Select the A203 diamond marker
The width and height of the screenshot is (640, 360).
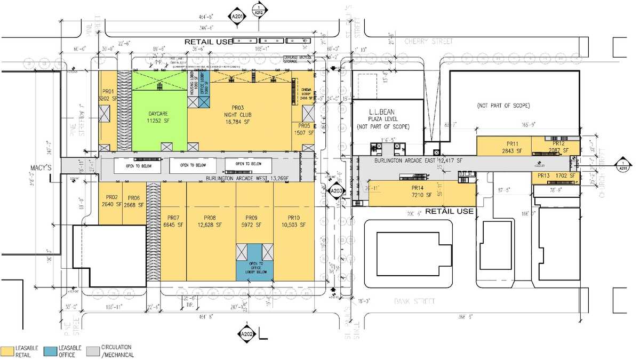click(x=336, y=191)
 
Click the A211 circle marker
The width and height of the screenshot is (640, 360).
click(x=622, y=165)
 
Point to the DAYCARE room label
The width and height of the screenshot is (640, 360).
click(x=158, y=117)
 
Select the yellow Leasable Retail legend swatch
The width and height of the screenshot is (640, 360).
click(x=7, y=350)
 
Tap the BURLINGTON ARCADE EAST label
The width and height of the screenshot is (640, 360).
click(x=405, y=160)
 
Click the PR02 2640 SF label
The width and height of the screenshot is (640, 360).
click(x=110, y=201)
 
